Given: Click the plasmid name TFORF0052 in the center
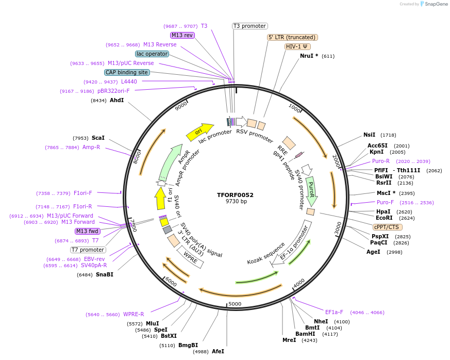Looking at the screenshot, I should point(235,195).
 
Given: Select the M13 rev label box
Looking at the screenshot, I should point(182,35).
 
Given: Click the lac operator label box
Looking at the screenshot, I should point(152,54).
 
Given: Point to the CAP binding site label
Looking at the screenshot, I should point(127,73).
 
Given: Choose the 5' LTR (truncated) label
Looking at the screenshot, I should point(292,37).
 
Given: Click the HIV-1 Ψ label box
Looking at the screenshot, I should point(297,46).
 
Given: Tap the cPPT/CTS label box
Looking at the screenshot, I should point(387,227).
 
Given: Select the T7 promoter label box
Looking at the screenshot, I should point(88,250).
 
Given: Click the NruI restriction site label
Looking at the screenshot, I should point(309,56).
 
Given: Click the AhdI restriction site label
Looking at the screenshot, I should point(116,100).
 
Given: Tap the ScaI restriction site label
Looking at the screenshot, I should point(98,138).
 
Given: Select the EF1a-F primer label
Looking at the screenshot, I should point(334,312).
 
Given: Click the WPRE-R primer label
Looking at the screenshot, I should point(134,314).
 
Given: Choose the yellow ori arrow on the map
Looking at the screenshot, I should point(200,132).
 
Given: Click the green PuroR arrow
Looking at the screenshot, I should point(311,190).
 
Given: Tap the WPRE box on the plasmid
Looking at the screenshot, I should point(190,257).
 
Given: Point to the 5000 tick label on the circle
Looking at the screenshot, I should point(235,304).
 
